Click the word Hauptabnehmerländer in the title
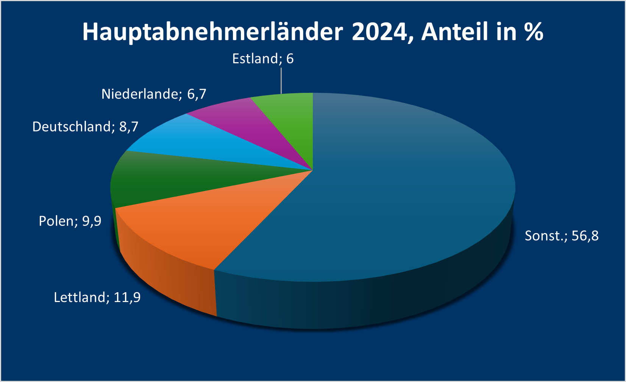pyautogui.click(x=212, y=32)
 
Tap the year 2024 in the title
pyautogui.click(x=379, y=32)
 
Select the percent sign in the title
pyautogui.click(x=534, y=32)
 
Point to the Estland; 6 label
pyautogui.click(x=263, y=59)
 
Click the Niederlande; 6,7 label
pyautogui.click(x=154, y=94)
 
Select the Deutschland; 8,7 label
pyautogui.click(x=85, y=127)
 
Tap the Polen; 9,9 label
pyautogui.click(x=70, y=221)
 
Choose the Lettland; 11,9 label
pyautogui.click(x=97, y=297)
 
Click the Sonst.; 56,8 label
pyautogui.click(x=562, y=236)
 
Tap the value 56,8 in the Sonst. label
pyautogui.click(x=585, y=236)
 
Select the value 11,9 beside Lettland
pyautogui.click(x=127, y=297)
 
